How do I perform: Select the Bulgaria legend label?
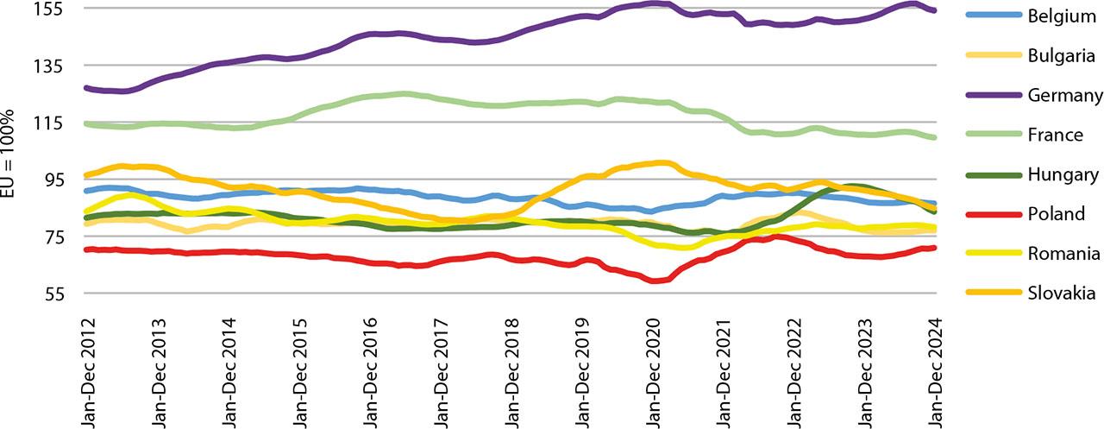(x=1061, y=56)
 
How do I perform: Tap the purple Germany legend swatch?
(x=989, y=96)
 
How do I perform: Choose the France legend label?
(x=1055, y=136)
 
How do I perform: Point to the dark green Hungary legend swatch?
(x=989, y=175)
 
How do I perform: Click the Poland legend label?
(x=1056, y=214)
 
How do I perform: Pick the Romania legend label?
(x=1063, y=254)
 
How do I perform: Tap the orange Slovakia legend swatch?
(x=989, y=293)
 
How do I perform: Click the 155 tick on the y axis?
(x=59, y=9)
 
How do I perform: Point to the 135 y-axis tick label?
(x=59, y=66)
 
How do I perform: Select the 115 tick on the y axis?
(x=59, y=123)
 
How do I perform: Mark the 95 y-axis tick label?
(x=62, y=180)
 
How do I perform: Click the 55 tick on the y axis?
(x=62, y=294)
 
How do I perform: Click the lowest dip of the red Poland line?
(x=656, y=281)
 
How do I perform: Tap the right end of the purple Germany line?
(x=935, y=10)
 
